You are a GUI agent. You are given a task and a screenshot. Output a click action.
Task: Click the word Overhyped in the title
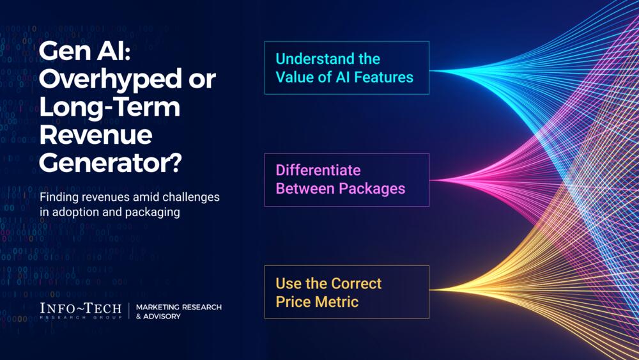tap(111, 79)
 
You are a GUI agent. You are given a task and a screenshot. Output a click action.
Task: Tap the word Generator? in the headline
tap(111, 162)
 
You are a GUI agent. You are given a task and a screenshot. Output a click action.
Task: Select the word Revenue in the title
tap(96, 134)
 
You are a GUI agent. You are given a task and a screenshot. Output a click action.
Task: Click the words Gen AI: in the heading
tap(85, 51)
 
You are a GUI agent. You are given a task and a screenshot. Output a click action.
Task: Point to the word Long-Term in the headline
tap(110, 107)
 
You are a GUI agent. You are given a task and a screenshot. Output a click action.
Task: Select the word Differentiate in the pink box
tap(318, 170)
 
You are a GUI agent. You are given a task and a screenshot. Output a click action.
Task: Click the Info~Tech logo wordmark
tap(81, 311)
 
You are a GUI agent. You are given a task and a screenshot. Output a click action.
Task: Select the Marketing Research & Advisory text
tap(179, 311)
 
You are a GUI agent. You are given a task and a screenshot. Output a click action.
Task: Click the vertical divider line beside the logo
tap(129, 311)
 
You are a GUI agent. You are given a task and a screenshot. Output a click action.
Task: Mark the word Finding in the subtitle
tap(59, 198)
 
